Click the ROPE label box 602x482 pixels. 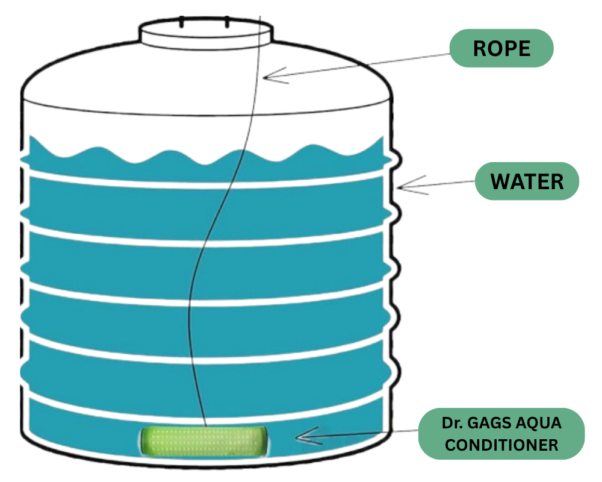[501, 48]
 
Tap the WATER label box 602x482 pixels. [527, 181]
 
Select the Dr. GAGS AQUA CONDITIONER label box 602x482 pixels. [501, 434]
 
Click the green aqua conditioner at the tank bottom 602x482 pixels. [205, 440]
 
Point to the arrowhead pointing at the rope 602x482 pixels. [268, 77]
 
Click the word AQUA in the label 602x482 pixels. [539, 423]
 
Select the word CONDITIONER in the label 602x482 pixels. [501, 446]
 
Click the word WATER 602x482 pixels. [527, 181]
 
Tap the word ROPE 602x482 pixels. [501, 48]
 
